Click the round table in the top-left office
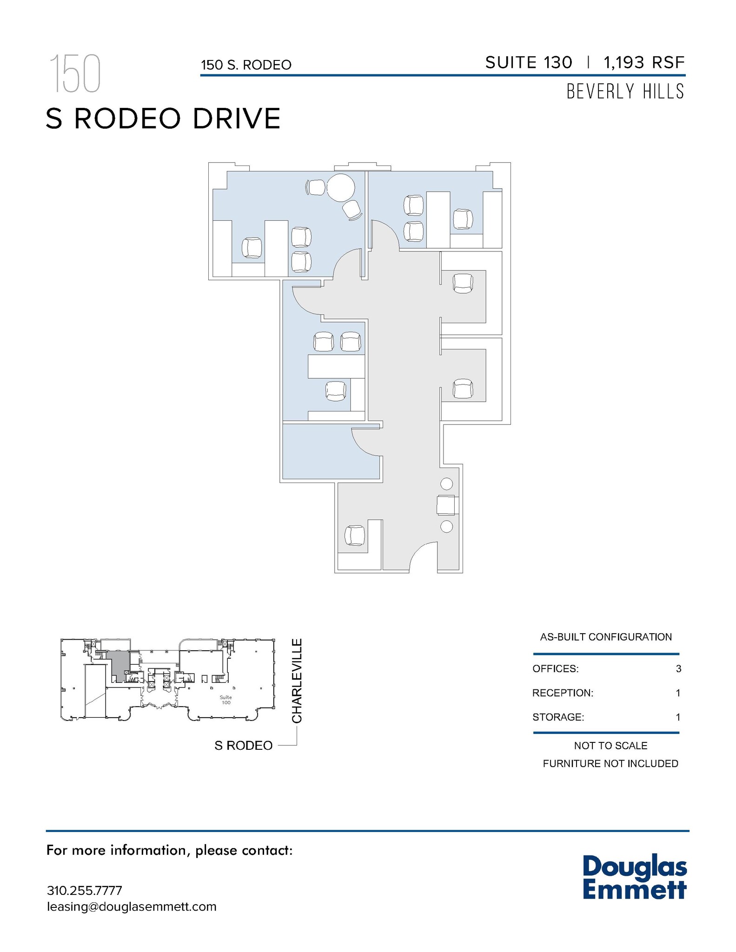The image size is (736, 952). click(x=341, y=187)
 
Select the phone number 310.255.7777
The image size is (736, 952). click(x=85, y=890)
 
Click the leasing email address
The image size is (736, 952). click(x=132, y=906)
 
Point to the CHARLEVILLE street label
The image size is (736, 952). click(x=297, y=681)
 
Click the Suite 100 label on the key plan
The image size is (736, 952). click(x=226, y=700)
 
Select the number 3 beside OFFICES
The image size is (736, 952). click(x=678, y=668)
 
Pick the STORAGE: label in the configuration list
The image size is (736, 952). click(x=558, y=717)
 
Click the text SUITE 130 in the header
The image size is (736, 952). click(x=529, y=62)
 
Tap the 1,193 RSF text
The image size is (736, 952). click(x=644, y=62)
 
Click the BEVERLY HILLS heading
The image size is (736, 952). click(x=625, y=92)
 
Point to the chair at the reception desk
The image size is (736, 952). click(x=355, y=535)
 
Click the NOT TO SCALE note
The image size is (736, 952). click(x=610, y=746)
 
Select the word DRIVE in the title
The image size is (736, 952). click(x=237, y=119)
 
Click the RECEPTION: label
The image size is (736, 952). click(x=563, y=693)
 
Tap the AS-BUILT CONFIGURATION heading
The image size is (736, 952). click(x=606, y=637)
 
